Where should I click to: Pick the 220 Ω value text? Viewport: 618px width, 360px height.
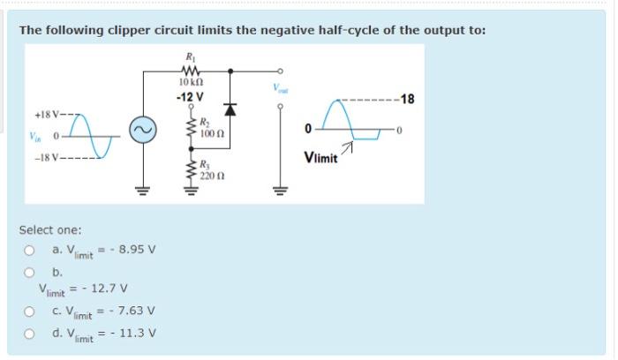(x=209, y=175)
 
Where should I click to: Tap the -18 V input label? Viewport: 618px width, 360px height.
(x=46, y=159)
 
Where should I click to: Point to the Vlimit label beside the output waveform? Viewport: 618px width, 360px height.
(x=320, y=159)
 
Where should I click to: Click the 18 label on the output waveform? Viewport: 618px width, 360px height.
(x=407, y=98)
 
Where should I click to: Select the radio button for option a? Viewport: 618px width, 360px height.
(x=28, y=250)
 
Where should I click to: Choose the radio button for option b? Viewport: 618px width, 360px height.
(x=28, y=272)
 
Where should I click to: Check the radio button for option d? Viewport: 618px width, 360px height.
(x=28, y=333)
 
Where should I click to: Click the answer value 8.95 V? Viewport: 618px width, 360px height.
(x=135, y=249)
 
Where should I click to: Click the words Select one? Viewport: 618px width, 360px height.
(x=50, y=230)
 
